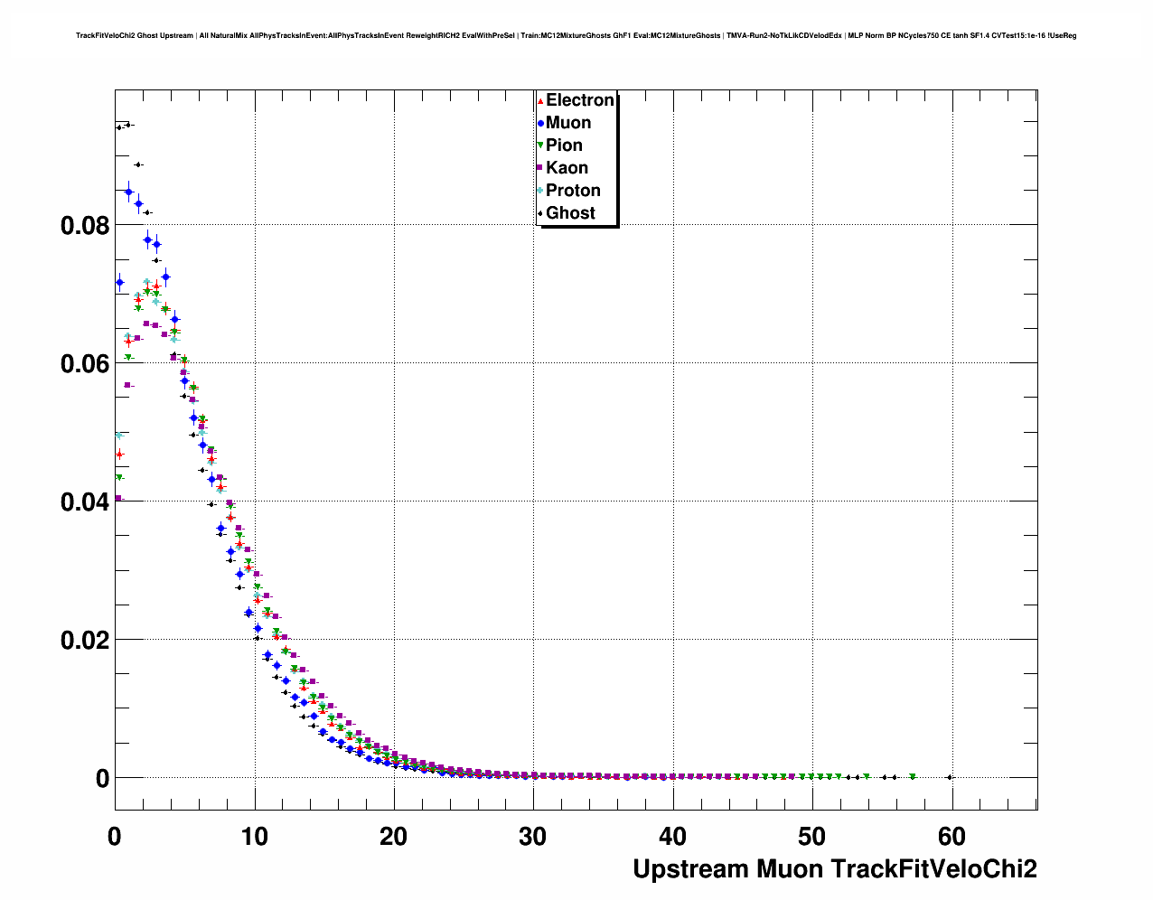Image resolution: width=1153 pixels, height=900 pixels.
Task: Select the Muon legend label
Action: coord(568,123)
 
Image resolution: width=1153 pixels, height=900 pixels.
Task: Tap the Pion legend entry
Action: coord(564,145)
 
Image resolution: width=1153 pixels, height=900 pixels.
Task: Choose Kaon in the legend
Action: coord(567,168)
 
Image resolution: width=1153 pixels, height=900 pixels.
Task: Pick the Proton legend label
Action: coord(573,191)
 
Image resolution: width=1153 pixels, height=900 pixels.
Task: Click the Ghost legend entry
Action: coord(570,213)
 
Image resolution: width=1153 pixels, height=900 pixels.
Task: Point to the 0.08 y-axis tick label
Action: coord(85,226)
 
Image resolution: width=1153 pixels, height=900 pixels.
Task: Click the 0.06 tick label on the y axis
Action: coord(85,364)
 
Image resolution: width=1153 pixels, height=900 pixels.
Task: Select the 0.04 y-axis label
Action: coord(85,502)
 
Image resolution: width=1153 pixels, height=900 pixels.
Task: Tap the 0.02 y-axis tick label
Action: coord(85,641)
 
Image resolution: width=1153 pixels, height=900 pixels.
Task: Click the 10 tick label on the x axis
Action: coord(254,837)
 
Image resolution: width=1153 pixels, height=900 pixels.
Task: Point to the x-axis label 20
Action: coord(394,837)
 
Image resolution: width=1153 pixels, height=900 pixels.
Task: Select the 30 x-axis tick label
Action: coord(533,837)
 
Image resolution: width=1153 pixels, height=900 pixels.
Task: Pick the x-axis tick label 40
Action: coord(672,837)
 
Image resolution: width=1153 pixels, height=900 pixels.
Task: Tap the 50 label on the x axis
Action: coord(812,837)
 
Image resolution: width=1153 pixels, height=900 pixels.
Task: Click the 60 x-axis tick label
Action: coord(951,837)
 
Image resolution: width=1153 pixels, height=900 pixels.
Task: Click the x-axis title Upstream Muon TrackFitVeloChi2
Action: coord(834,869)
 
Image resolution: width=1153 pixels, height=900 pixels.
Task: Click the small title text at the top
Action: coord(576,36)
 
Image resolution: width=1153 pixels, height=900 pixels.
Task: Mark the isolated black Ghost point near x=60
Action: coord(949,777)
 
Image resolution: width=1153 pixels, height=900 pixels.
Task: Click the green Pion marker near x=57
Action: coord(913,777)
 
